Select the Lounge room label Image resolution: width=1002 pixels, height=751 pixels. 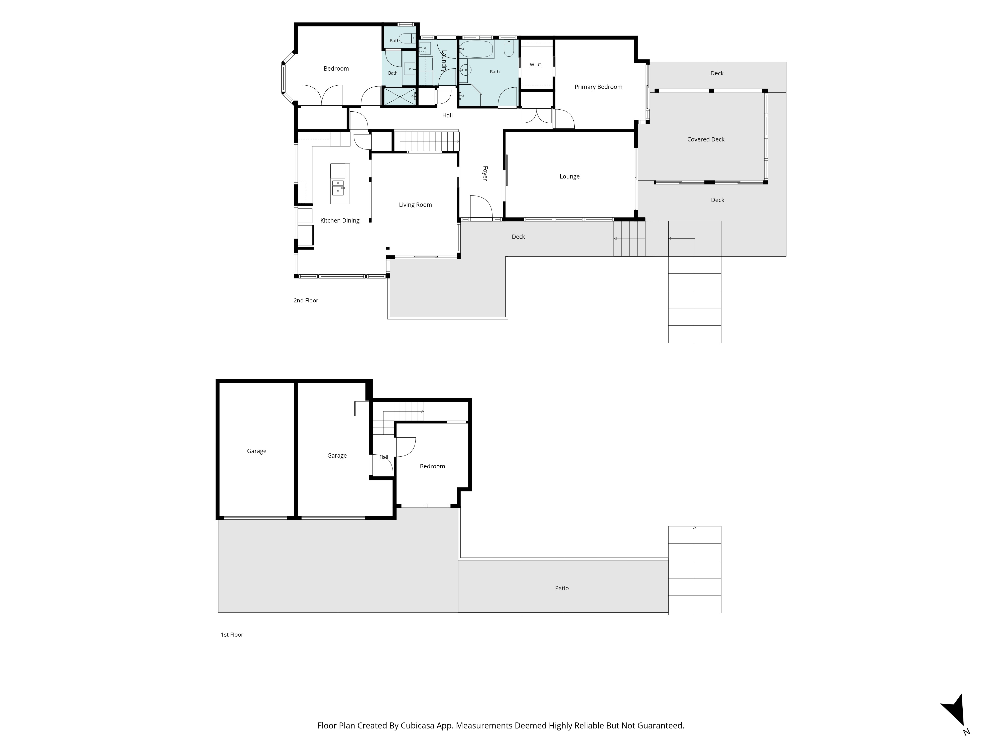tap(569, 176)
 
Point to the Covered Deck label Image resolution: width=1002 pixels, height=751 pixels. tap(706, 139)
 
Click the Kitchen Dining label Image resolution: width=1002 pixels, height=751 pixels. tap(340, 221)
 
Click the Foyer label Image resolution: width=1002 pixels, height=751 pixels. tap(485, 173)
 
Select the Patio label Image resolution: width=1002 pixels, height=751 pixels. tap(562, 588)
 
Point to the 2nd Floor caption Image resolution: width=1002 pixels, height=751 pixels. tap(306, 301)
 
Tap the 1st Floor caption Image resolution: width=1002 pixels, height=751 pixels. tap(232, 635)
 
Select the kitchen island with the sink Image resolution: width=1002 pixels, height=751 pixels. tap(340, 184)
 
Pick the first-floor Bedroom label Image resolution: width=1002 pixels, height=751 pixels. tap(432, 466)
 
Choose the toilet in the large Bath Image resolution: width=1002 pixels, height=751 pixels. tap(509, 49)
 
